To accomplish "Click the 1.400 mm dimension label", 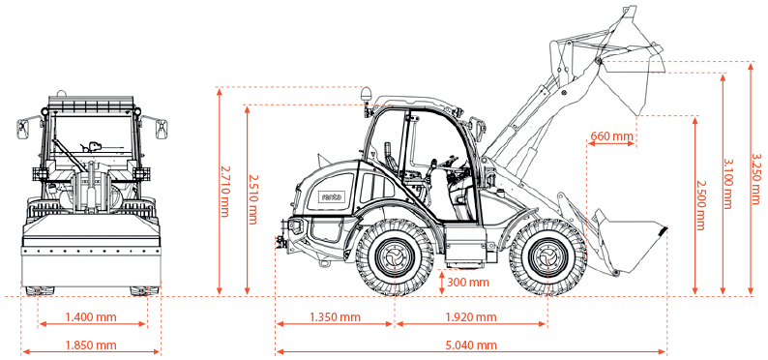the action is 91,316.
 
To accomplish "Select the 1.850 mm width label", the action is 91,345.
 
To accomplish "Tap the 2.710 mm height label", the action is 225,191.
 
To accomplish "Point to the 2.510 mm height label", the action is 252,198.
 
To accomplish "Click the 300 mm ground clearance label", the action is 469,283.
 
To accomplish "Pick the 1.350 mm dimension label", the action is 335,316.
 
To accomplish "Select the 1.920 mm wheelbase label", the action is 471,316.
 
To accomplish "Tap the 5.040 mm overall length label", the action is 471,345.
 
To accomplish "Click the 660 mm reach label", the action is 611,135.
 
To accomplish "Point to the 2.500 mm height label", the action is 700,205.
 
